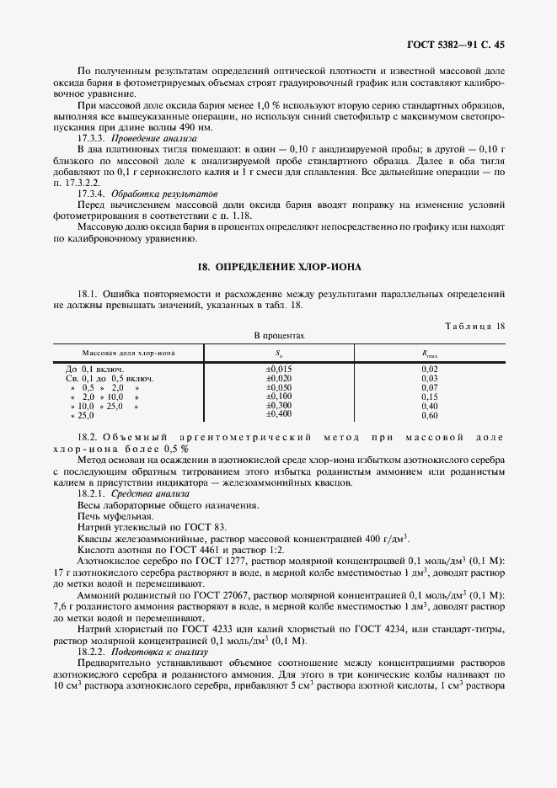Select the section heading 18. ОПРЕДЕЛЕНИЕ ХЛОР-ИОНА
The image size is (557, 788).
[279, 267]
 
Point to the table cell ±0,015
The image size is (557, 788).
[279, 369]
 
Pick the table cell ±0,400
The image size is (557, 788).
[279, 414]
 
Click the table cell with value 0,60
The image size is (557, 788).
[429, 416]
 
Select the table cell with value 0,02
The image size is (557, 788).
[429, 369]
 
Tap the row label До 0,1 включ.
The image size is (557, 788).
[95, 369]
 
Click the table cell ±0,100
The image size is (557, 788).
[279, 396]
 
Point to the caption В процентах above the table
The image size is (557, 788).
[279, 336]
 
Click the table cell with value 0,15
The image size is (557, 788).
[429, 397]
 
